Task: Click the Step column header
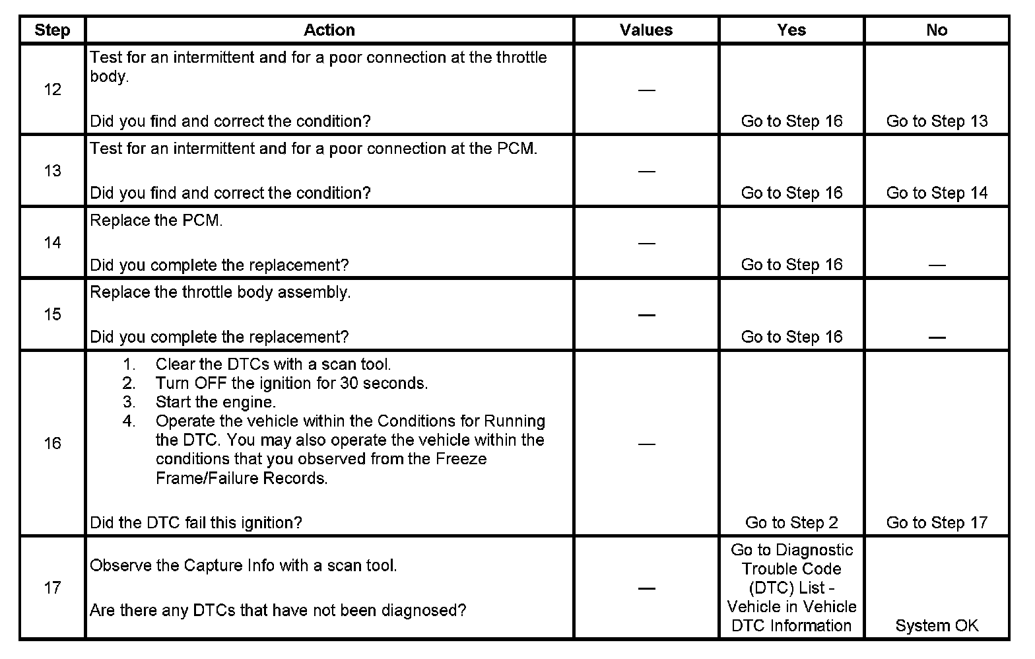[x=52, y=30]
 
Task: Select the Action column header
[x=329, y=30]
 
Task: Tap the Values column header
[x=646, y=30]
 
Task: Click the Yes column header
[x=791, y=30]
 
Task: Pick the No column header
[x=937, y=30]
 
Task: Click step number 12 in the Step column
[x=52, y=90]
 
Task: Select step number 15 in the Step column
[x=52, y=314]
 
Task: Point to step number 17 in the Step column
[x=52, y=588]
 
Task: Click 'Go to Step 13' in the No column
[x=937, y=121]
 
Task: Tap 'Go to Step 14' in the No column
[x=937, y=193]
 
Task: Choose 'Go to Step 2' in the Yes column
[x=791, y=523]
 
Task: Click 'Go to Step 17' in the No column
[x=937, y=523]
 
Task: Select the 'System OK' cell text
[x=937, y=626]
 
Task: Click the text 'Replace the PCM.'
[x=156, y=221]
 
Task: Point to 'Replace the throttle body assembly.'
[x=220, y=293]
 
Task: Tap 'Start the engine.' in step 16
[x=216, y=402]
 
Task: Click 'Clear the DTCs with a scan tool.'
[x=273, y=364]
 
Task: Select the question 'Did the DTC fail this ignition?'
[x=196, y=523]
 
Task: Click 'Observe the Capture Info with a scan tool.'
[x=244, y=566]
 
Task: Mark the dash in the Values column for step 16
[x=646, y=444]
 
